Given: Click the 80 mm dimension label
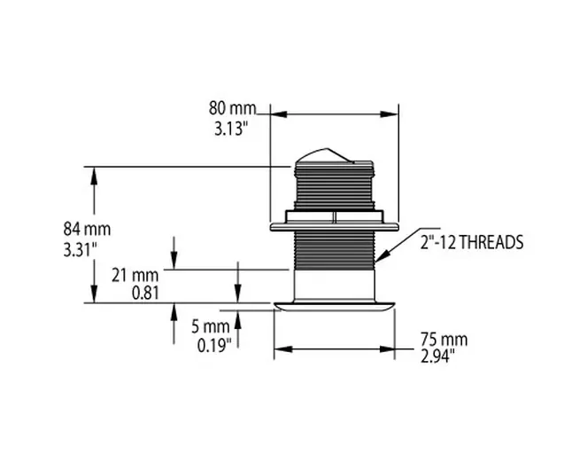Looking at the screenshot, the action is (x=232, y=108).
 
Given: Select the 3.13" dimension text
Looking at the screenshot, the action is (x=231, y=129).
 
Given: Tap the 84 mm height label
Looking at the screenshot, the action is (x=87, y=229).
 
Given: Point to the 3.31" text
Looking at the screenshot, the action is (x=81, y=250).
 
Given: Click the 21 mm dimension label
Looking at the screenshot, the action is (x=135, y=275).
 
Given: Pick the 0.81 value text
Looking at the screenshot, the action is (x=145, y=293).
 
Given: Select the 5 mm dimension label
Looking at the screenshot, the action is (x=211, y=326).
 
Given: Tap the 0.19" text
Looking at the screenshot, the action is (x=214, y=345).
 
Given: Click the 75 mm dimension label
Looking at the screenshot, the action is (x=444, y=339).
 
